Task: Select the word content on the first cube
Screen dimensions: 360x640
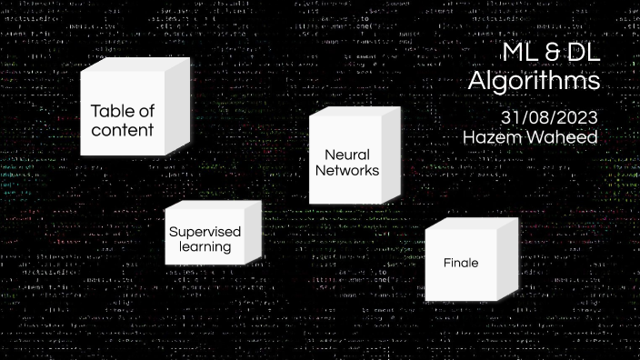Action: coord(122,130)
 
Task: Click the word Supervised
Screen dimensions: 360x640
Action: coord(205,231)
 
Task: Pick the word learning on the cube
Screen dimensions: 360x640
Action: coord(205,246)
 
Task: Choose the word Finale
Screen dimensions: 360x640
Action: coord(461,263)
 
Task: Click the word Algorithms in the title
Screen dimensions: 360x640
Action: coord(535,81)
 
